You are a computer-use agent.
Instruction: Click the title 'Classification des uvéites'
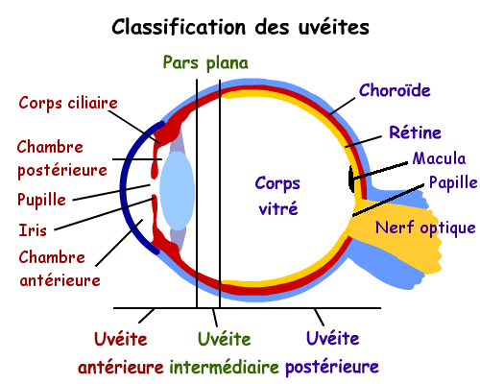pyautogui.click(x=240, y=26)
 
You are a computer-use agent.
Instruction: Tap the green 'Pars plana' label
pyautogui.click(x=205, y=62)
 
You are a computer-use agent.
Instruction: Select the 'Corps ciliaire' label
pyautogui.click(x=68, y=104)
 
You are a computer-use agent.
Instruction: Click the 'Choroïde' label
pyautogui.click(x=395, y=90)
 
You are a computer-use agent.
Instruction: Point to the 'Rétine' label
pyautogui.click(x=415, y=132)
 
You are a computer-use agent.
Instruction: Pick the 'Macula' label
pyautogui.click(x=439, y=158)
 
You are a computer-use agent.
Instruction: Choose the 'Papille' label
pyautogui.click(x=453, y=183)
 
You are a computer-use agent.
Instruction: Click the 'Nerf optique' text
pyautogui.click(x=425, y=228)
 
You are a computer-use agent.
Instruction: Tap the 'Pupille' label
pyautogui.click(x=41, y=200)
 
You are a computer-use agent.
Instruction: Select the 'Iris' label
pyautogui.click(x=33, y=230)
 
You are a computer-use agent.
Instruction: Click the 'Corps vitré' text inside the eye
pyautogui.click(x=277, y=196)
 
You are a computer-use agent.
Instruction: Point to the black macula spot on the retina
pyautogui.click(x=351, y=179)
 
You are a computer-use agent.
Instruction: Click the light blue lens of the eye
pyautogui.click(x=177, y=190)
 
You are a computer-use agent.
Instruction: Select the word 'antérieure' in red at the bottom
pyautogui.click(x=121, y=367)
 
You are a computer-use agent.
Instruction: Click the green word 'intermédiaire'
pyautogui.click(x=224, y=367)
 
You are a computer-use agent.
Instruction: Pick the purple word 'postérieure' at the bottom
pyautogui.click(x=332, y=367)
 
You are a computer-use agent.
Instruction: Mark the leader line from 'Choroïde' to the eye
pyautogui.click(x=342, y=107)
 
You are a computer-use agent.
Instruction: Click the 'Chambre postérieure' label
pyautogui.click(x=62, y=158)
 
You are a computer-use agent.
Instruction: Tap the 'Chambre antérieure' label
pyautogui.click(x=60, y=269)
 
